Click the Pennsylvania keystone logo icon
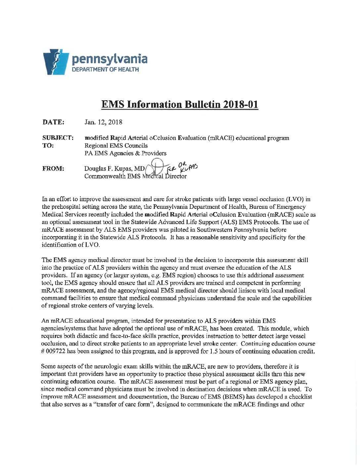click(55, 62)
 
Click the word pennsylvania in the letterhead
click(110, 59)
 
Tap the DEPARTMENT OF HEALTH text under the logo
click(106, 70)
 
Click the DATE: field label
click(53, 122)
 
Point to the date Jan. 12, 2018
click(103, 122)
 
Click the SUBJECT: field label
click(58, 138)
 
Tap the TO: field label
click(48, 145)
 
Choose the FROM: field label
click(53, 168)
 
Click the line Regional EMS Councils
click(116, 145)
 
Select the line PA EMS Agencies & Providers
click(125, 153)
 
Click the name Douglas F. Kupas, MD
click(114, 168)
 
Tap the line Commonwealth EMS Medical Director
click(135, 176)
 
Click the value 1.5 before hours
click(214, 351)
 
